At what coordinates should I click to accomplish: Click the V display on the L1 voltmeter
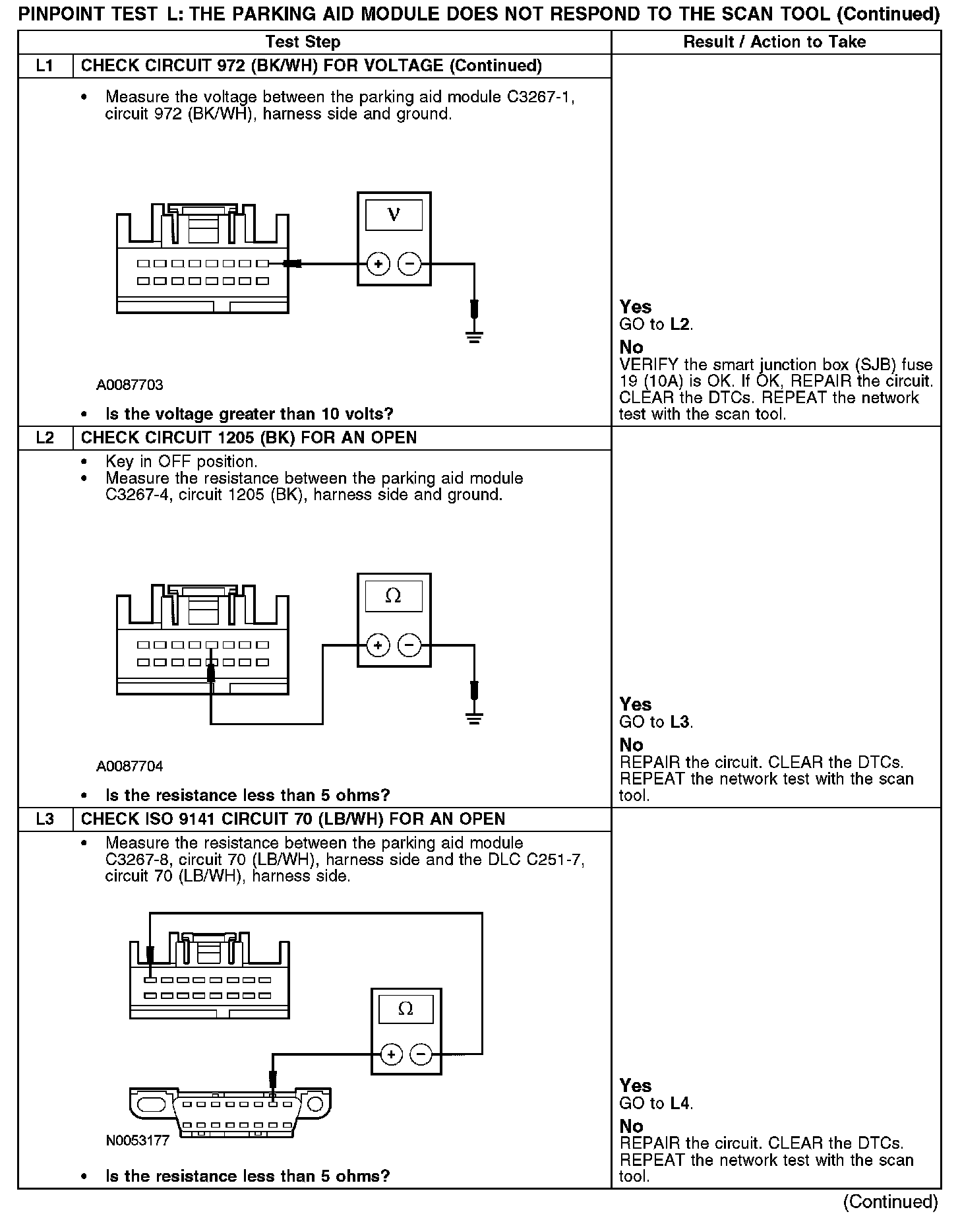(394, 215)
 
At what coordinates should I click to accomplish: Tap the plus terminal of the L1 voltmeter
(378, 264)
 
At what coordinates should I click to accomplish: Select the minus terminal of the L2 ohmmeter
(409, 645)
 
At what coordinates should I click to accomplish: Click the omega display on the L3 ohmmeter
(406, 1008)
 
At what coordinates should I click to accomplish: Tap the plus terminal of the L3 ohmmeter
(391, 1054)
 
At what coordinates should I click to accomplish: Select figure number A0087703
(130, 385)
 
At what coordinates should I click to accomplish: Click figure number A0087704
(130, 766)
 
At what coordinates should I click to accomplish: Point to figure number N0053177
(138, 1140)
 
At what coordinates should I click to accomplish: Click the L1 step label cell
(45, 66)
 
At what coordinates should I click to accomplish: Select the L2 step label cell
(45, 438)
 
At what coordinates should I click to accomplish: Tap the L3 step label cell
(45, 819)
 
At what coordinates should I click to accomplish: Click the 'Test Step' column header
(303, 42)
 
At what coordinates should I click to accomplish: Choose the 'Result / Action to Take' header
(775, 42)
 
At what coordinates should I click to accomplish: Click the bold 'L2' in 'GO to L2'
(680, 325)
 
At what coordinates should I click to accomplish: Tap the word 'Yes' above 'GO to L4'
(636, 1085)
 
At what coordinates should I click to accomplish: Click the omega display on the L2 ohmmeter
(393, 596)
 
